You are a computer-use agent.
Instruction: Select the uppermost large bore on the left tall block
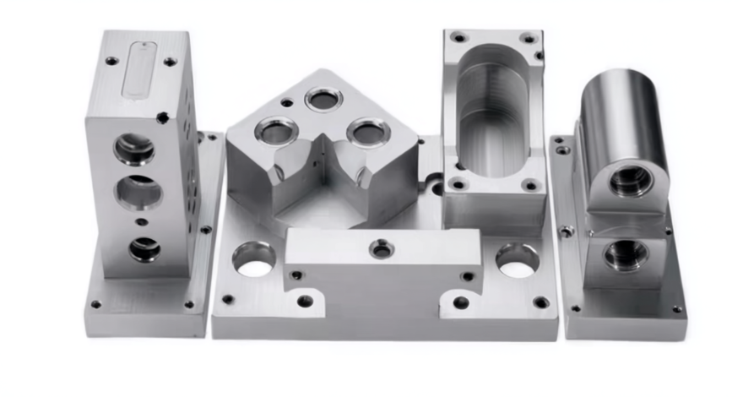[x=134, y=150]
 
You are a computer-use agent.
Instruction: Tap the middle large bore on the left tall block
[x=138, y=193]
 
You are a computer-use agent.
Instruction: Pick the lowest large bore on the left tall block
[x=144, y=248]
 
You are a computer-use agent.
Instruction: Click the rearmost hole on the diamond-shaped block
[x=323, y=99]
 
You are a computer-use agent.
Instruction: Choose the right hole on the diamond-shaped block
[x=369, y=132]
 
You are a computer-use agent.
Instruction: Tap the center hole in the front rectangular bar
[x=382, y=248]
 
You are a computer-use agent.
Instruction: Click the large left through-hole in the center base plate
[x=254, y=259]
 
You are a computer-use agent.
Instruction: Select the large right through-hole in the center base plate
[x=517, y=260]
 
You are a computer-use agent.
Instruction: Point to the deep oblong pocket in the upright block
[x=495, y=110]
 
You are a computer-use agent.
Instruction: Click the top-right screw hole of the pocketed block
[x=528, y=38]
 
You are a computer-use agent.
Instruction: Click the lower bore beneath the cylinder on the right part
[x=626, y=254]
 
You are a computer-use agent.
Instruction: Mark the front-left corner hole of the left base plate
[x=96, y=304]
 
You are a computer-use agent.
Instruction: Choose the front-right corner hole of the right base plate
[x=676, y=309]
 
